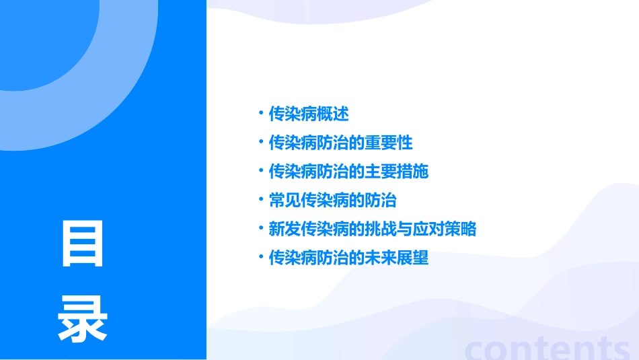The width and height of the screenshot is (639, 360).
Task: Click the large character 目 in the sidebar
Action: point(83,243)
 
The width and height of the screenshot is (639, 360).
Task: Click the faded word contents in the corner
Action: point(547,348)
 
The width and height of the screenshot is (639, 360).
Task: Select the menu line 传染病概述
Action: point(309,114)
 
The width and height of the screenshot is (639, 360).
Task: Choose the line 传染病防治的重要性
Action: point(340,143)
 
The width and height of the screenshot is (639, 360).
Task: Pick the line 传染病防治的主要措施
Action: point(348,172)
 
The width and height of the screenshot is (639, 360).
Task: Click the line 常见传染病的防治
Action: point(332,201)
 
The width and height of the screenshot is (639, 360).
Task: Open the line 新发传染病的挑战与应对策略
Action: point(372,229)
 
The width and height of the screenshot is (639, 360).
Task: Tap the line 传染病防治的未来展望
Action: point(348,258)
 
